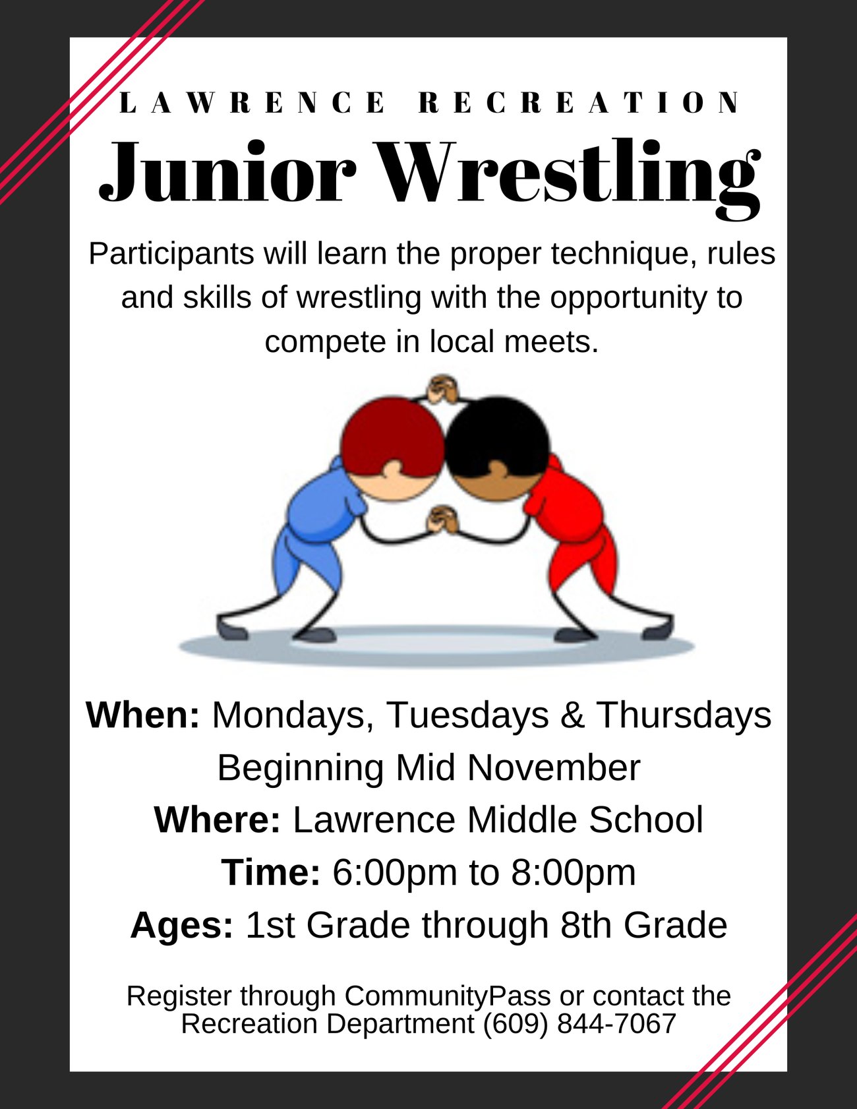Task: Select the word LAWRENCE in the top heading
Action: pyautogui.click(x=252, y=103)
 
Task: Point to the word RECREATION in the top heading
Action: pyautogui.click(x=579, y=103)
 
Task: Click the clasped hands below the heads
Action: pyautogui.click(x=443, y=520)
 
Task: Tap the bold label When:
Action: pyautogui.click(x=143, y=715)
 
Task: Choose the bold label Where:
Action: pyautogui.click(x=218, y=820)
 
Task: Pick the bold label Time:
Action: pyautogui.click(x=271, y=872)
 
